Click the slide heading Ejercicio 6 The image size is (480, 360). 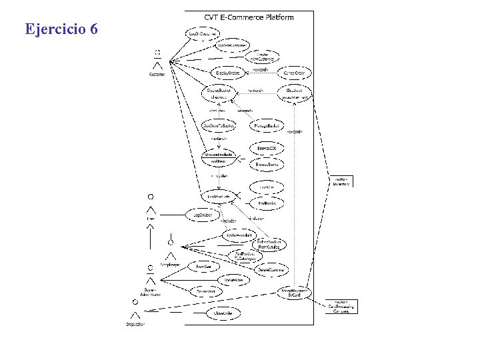tap(61, 29)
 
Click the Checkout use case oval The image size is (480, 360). tap(295, 93)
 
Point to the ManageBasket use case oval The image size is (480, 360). tap(267, 125)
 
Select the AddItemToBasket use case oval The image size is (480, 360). tap(219, 125)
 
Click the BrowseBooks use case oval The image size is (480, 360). tap(267, 164)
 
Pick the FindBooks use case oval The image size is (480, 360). tap(267, 203)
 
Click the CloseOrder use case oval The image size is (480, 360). tap(222, 312)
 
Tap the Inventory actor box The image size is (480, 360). tap(341, 181)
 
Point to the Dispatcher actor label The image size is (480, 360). tap(135, 324)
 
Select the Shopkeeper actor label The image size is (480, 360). tap(171, 264)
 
